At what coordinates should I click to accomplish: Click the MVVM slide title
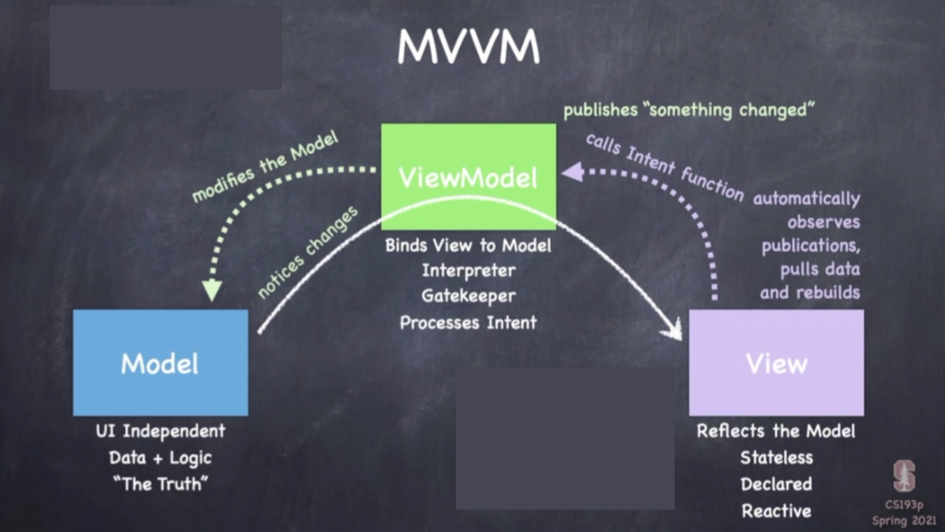pyautogui.click(x=468, y=48)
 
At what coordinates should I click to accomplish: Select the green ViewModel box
pyautogui.click(x=468, y=176)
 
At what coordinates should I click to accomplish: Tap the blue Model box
pyautogui.click(x=160, y=363)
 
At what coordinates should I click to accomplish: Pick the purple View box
pyautogui.click(x=776, y=363)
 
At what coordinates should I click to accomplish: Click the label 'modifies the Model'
pyautogui.click(x=265, y=166)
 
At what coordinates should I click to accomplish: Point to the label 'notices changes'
pyautogui.click(x=308, y=252)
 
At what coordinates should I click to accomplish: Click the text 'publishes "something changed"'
pyautogui.click(x=688, y=110)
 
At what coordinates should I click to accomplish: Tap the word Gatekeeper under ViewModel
pyautogui.click(x=468, y=296)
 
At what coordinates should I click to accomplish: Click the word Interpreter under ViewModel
pyautogui.click(x=468, y=271)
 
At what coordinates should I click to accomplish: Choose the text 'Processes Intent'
pyautogui.click(x=468, y=321)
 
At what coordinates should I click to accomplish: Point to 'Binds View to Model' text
pyautogui.click(x=468, y=245)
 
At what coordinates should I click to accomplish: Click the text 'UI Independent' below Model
pyautogui.click(x=160, y=430)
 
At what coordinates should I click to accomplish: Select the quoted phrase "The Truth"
pyautogui.click(x=160, y=483)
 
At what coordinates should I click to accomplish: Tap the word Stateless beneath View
pyautogui.click(x=776, y=457)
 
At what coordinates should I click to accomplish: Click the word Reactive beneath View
pyautogui.click(x=776, y=510)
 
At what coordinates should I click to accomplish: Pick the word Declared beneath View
pyautogui.click(x=776, y=483)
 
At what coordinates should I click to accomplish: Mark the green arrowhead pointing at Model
pyautogui.click(x=212, y=291)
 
